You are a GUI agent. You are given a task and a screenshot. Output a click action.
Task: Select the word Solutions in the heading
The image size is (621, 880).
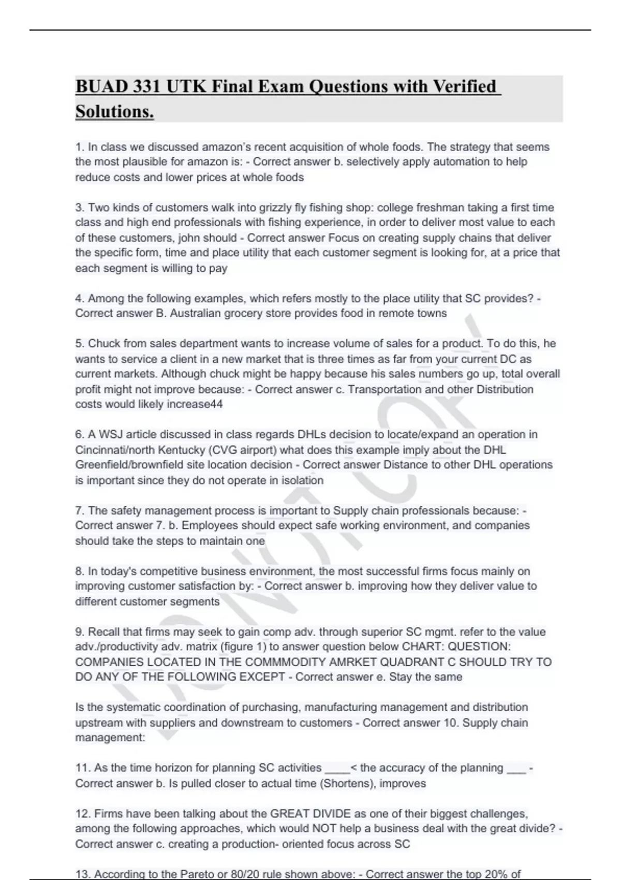[x=114, y=111]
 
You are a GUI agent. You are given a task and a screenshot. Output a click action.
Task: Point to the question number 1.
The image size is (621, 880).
[x=79, y=147]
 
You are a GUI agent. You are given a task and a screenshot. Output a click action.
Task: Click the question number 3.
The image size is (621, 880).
[x=79, y=208]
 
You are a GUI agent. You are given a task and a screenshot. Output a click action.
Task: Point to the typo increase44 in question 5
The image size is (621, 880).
[x=195, y=404]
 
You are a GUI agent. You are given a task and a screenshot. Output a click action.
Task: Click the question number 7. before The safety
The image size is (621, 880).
[x=79, y=511]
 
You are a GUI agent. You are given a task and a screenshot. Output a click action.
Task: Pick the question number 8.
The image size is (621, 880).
[x=79, y=571]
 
